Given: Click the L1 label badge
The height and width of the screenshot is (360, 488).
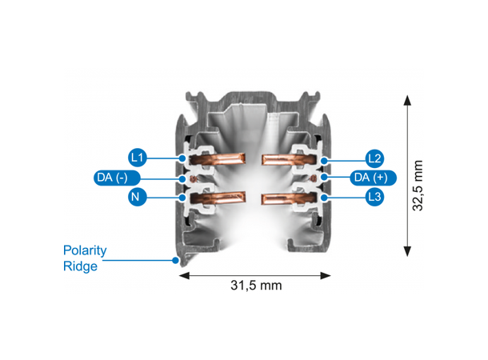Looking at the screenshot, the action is click(x=138, y=158).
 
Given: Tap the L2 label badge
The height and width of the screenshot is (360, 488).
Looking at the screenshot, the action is click(x=374, y=158).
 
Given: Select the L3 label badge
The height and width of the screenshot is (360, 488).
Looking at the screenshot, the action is click(x=374, y=197).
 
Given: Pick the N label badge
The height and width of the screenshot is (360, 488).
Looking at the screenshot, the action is click(x=138, y=197).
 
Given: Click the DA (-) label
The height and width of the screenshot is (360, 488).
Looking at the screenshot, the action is click(x=117, y=178).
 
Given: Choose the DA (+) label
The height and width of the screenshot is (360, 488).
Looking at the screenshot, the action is click(x=373, y=178).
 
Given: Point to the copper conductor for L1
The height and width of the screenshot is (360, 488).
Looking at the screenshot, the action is click(x=218, y=158).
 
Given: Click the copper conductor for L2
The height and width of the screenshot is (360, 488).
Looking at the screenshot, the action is click(x=289, y=159).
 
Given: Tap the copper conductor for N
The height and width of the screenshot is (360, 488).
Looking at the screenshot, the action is click(x=218, y=198).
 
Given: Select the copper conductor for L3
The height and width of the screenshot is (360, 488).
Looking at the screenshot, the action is click(x=289, y=198).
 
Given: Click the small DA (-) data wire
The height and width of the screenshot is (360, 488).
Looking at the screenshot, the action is click(x=194, y=178).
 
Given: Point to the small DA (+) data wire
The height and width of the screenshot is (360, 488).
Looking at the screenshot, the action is click(x=314, y=178).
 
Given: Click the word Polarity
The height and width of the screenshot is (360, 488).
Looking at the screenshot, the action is click(x=85, y=250).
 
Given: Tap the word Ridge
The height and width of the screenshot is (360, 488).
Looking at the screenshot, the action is click(x=80, y=266).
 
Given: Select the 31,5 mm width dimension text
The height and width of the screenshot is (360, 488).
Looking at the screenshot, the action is click(x=256, y=286).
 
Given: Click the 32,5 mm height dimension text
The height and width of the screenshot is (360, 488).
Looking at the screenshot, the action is click(x=418, y=186).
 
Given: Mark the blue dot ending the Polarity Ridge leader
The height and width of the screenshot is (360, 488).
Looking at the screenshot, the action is click(x=175, y=260).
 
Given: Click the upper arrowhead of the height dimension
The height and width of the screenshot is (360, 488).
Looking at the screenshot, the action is click(x=407, y=101).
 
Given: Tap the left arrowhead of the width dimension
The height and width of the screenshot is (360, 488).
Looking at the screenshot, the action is click(x=184, y=275).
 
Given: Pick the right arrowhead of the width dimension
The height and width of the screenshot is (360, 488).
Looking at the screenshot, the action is click(x=326, y=275).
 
